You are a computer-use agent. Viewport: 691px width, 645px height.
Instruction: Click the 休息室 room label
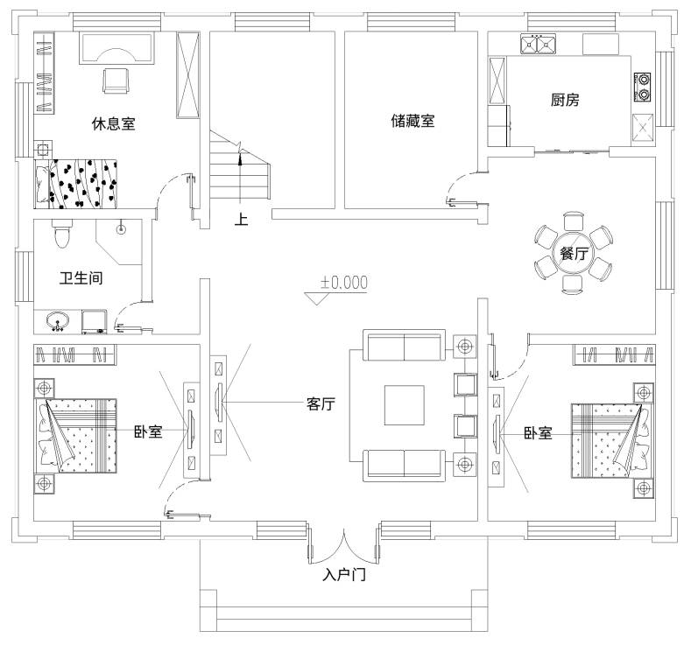[x=113, y=123]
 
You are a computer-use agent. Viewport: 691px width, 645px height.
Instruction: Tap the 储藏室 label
[x=412, y=121]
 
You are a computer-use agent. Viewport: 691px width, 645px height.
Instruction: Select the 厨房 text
[x=565, y=100]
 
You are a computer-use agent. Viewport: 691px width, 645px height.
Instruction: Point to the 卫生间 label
[x=81, y=277]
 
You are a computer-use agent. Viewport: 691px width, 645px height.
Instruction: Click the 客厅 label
[x=321, y=403]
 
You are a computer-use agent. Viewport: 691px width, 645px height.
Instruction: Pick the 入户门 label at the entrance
[x=344, y=575]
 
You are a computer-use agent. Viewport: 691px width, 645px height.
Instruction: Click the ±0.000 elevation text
[x=343, y=282]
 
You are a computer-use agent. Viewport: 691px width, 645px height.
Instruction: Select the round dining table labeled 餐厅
[x=574, y=253]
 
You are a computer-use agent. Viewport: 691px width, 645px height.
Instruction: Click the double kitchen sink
[x=538, y=44]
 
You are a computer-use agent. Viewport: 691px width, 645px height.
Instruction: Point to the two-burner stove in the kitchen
[x=643, y=87]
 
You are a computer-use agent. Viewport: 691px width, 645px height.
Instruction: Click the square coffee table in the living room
[x=404, y=405]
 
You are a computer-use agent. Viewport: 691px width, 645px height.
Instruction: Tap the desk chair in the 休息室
[x=116, y=81]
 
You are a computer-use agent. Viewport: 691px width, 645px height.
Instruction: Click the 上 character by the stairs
[x=241, y=219]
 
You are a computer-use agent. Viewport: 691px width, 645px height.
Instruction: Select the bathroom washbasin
[x=58, y=320]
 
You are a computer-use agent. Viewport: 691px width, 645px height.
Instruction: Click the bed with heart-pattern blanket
[x=76, y=184]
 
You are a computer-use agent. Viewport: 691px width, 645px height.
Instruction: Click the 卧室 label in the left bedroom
[x=148, y=431]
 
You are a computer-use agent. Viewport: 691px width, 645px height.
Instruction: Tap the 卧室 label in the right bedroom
[x=538, y=433]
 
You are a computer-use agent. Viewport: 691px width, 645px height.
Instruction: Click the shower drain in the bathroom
[x=121, y=229]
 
